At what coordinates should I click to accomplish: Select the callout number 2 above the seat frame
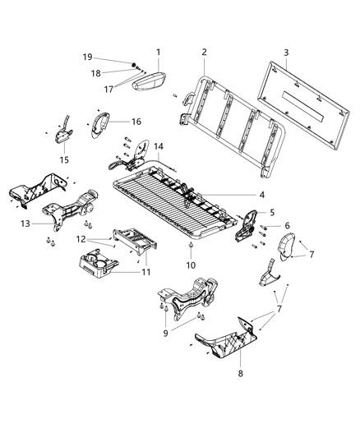pos(204,52)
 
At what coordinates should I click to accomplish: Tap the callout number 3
pos(286,52)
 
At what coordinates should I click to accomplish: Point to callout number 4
pos(262,195)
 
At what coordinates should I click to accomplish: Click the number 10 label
pos(191,266)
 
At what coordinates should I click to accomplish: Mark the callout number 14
pos(159,145)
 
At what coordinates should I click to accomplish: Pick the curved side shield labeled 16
pos(103,123)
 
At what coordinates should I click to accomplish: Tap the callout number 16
pos(136,121)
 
